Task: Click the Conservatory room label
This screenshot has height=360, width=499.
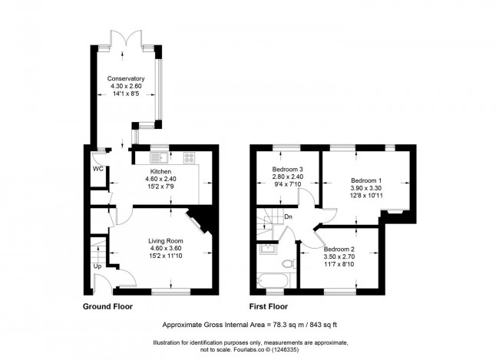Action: tap(126, 79)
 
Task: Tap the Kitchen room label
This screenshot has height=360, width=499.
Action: tap(160, 171)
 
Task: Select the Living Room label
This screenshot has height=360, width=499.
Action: tap(165, 241)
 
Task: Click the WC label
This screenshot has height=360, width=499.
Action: tap(97, 168)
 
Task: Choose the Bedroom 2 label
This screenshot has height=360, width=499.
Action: tap(340, 249)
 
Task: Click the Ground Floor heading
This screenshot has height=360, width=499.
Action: tap(107, 306)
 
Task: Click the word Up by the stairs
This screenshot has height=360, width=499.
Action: tap(97, 266)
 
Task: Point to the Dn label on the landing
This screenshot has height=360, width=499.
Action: tap(288, 216)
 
